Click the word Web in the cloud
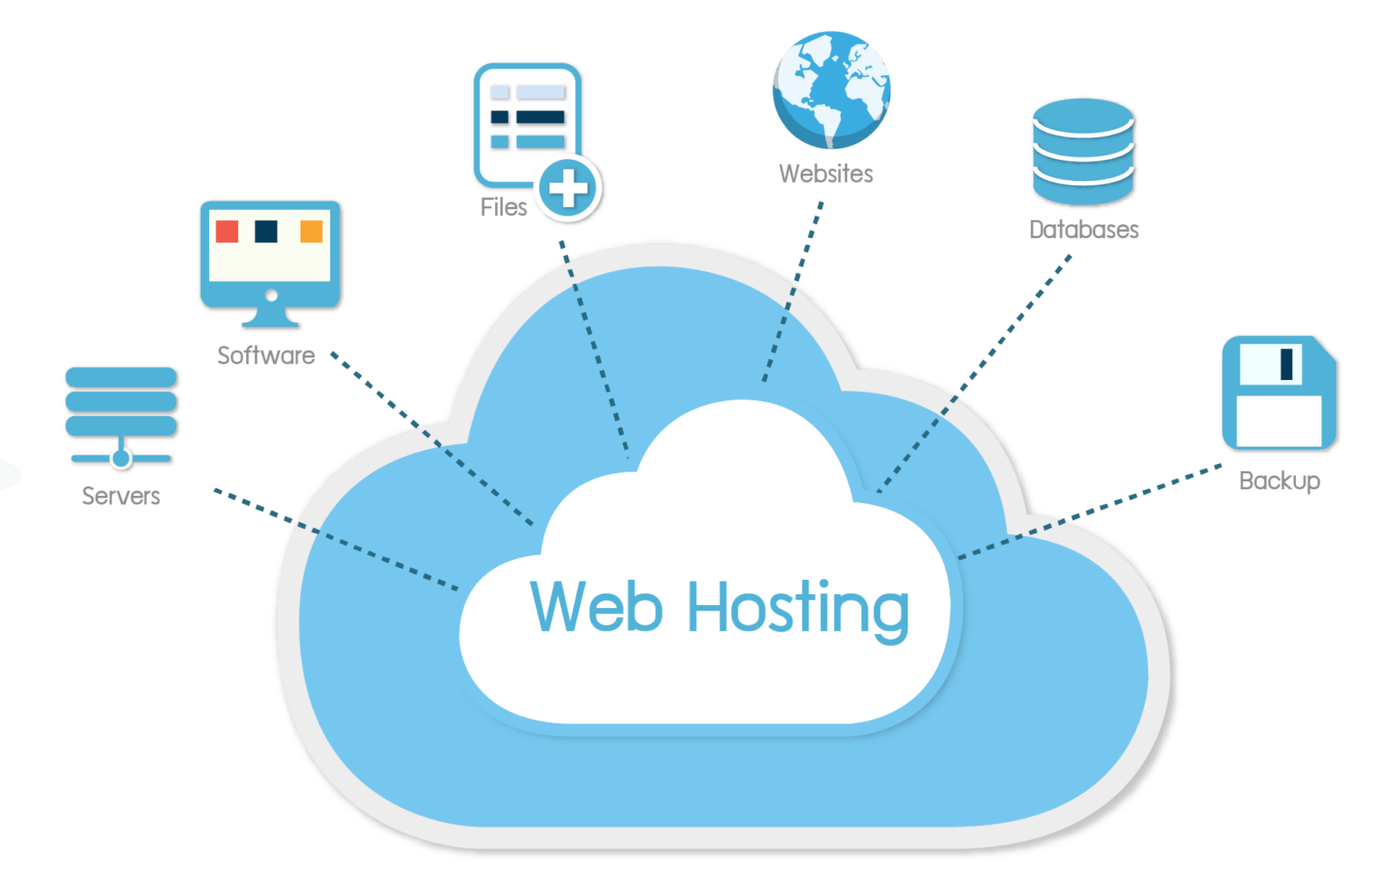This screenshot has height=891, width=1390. [596, 606]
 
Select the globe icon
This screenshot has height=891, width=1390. [832, 90]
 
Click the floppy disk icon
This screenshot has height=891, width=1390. [1279, 393]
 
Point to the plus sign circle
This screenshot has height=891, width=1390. [567, 189]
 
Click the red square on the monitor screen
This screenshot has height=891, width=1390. [227, 232]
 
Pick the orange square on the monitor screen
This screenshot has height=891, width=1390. [311, 232]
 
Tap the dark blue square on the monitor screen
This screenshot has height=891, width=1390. [266, 232]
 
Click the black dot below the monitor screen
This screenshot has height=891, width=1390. [271, 294]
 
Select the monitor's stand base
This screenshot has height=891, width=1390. [270, 320]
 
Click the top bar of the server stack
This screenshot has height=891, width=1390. [121, 376]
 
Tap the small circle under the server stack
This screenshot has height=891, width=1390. [120, 458]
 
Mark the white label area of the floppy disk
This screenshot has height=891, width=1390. [1279, 421]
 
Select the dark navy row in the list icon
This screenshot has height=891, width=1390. [528, 117]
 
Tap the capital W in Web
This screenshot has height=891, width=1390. [560, 605]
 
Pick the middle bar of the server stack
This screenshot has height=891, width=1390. [121, 401]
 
